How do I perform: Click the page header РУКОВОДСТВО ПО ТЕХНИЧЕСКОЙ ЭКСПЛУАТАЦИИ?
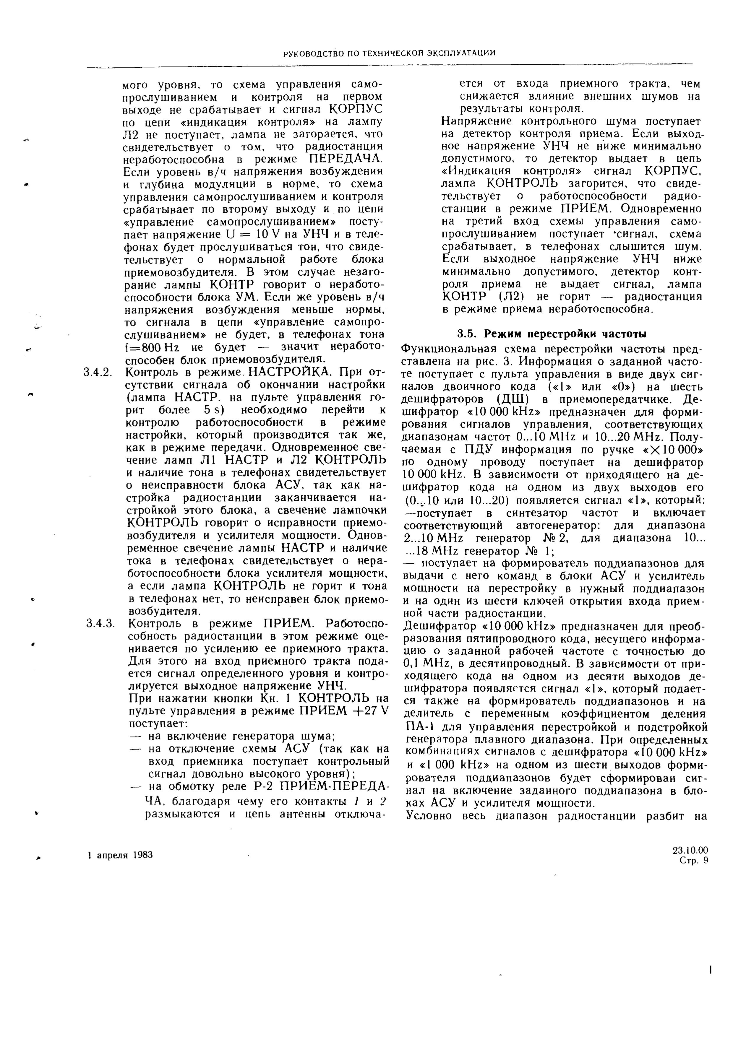pos(389,53)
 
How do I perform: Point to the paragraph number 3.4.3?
pos(99,624)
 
